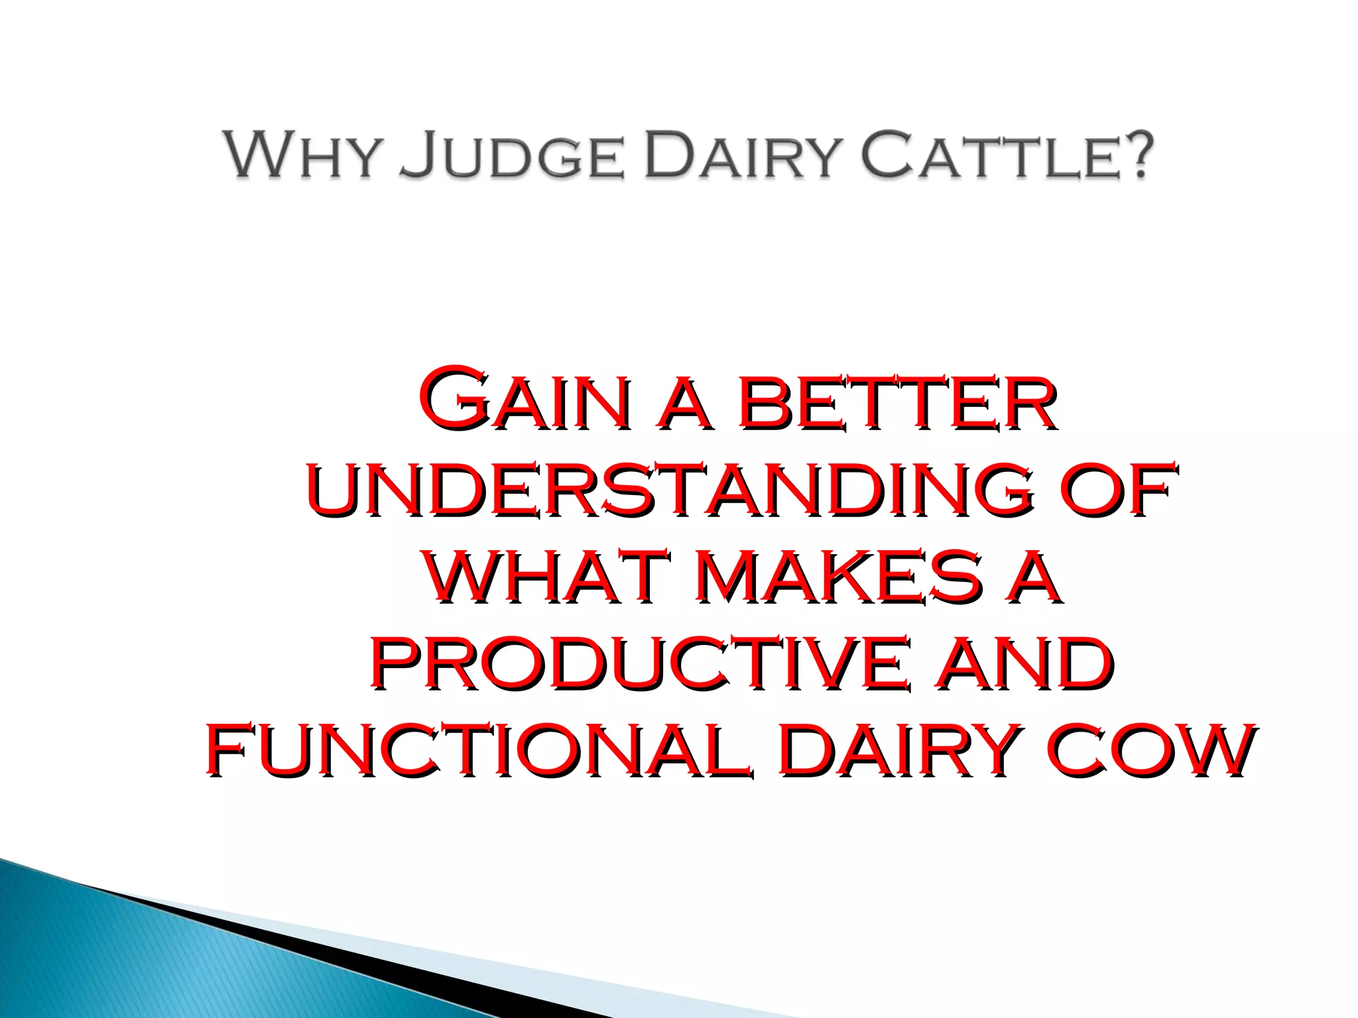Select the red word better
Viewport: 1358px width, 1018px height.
pyautogui.click(x=896, y=404)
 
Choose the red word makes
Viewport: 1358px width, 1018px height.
pyautogui.click(x=843, y=578)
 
